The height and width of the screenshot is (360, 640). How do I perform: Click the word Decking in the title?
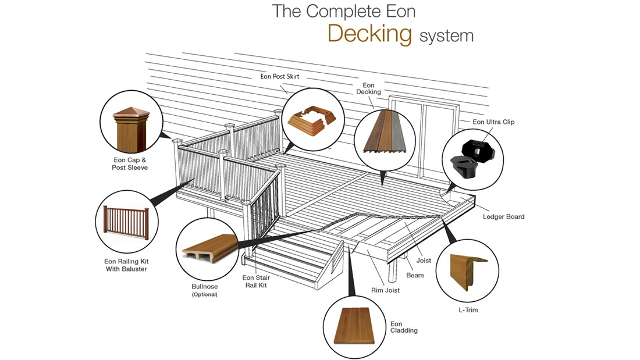click(x=369, y=34)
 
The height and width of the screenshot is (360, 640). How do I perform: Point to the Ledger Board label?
click(x=503, y=217)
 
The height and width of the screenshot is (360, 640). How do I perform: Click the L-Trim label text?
click(x=467, y=310)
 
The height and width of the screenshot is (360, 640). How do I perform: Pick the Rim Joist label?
click(x=385, y=290)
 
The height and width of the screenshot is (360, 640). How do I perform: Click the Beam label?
click(x=415, y=275)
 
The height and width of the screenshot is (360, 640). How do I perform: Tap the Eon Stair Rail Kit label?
click(x=256, y=281)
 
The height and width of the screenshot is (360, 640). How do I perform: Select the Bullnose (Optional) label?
click(x=204, y=290)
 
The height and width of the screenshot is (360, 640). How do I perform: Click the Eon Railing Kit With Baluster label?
click(x=126, y=265)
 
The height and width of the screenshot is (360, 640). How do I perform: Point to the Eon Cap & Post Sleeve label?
click(x=130, y=163)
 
